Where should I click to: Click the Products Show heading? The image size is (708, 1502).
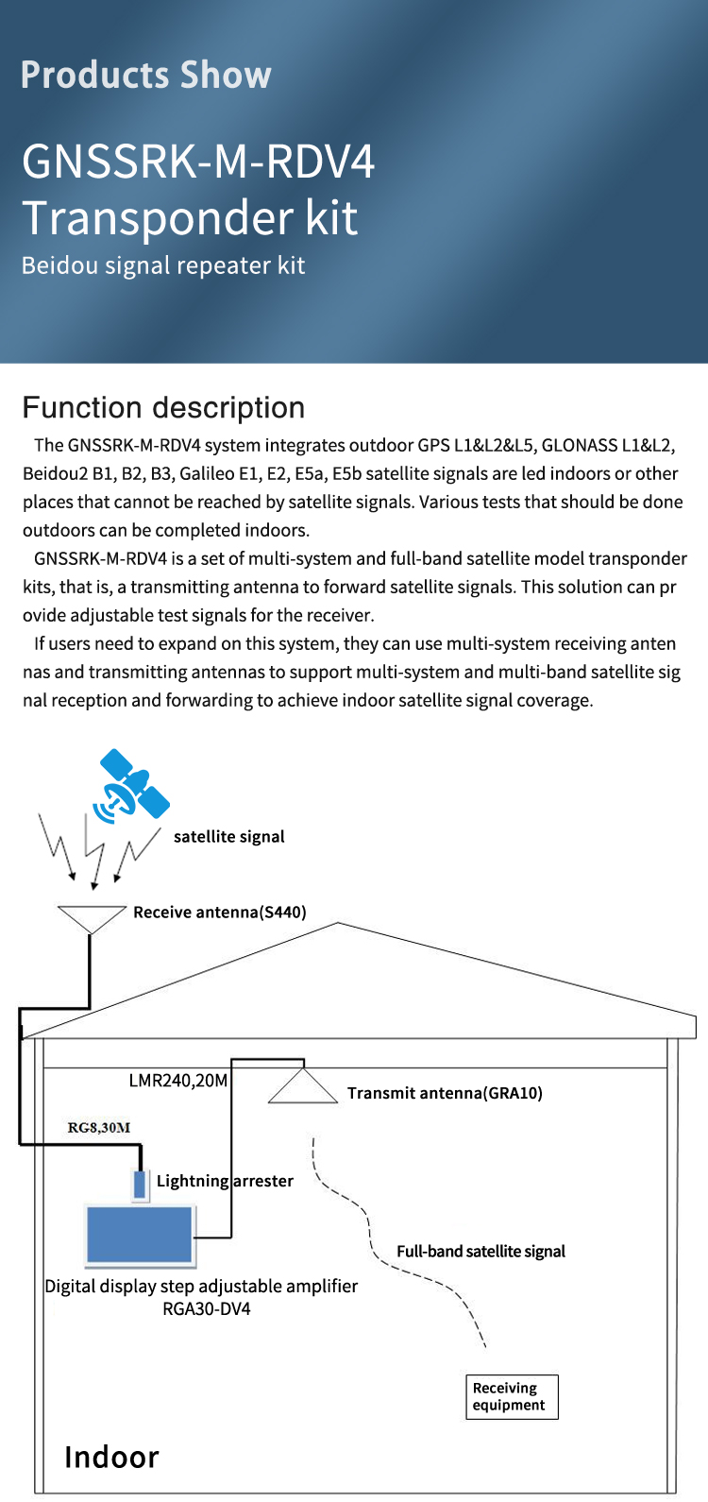click(146, 75)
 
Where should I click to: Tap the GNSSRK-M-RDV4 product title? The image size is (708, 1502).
click(198, 161)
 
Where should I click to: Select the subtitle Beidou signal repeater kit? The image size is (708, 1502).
click(163, 265)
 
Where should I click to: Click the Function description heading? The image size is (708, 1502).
click(163, 407)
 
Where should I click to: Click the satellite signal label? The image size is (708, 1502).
click(228, 836)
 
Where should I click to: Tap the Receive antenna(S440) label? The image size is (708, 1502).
click(220, 912)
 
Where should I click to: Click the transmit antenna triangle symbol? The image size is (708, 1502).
click(303, 1087)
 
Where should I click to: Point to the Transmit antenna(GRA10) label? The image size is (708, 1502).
click(445, 1093)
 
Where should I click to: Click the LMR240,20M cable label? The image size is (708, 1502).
click(178, 1080)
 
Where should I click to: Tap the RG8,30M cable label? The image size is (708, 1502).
click(99, 1127)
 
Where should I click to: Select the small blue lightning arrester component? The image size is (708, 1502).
click(141, 1185)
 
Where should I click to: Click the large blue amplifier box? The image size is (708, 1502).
click(140, 1235)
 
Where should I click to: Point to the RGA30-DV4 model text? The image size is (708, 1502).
click(207, 1309)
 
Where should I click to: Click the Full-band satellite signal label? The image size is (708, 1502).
click(480, 1251)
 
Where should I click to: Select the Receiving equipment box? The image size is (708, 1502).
click(512, 1396)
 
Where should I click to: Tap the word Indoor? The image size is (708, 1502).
click(111, 1457)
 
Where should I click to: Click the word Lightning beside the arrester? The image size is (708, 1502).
click(193, 1181)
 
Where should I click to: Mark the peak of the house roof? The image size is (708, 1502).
click(338, 924)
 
